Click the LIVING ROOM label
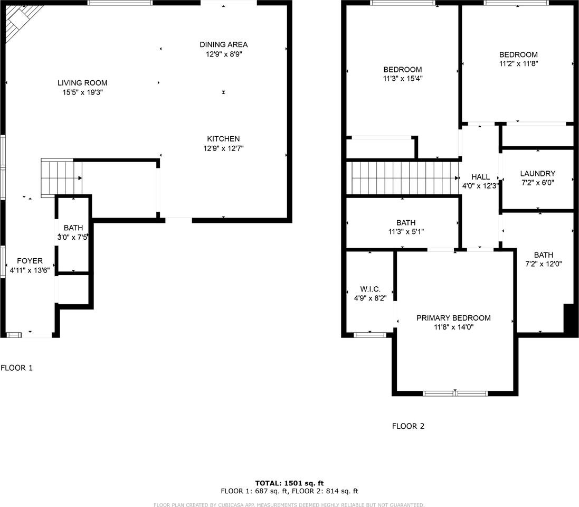coord(82,83)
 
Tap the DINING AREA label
coord(223,44)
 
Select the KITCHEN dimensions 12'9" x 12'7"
coord(223,148)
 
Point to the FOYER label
coord(30,261)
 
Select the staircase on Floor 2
coord(402,178)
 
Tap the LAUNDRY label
coord(537,173)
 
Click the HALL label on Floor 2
coord(480,177)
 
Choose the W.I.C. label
coord(370,289)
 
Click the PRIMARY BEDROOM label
coord(453,318)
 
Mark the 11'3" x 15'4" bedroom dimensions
coord(403,78)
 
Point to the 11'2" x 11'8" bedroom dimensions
coord(518,63)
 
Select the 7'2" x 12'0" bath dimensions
coord(543,264)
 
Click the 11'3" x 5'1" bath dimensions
coord(405,231)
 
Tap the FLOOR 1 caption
coord(16,368)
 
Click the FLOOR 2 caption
coord(408,426)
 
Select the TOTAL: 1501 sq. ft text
coord(289,483)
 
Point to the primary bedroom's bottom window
coord(455,393)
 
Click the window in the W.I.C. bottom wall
coord(369,335)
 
